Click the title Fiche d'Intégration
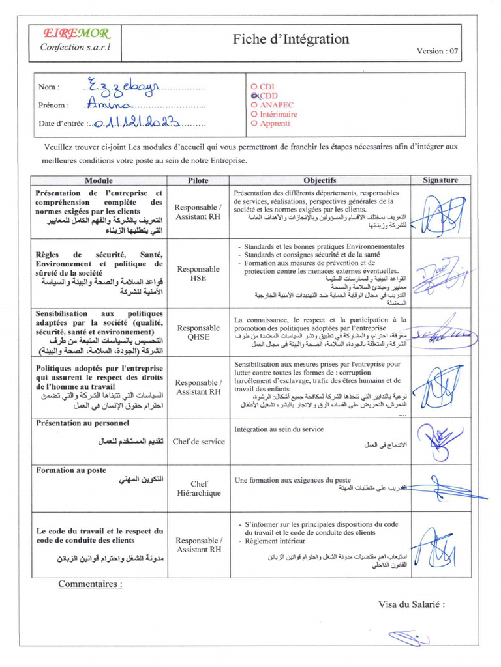291,39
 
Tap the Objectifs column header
320,180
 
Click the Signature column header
440,180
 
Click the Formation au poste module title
71,470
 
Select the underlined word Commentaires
90,584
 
